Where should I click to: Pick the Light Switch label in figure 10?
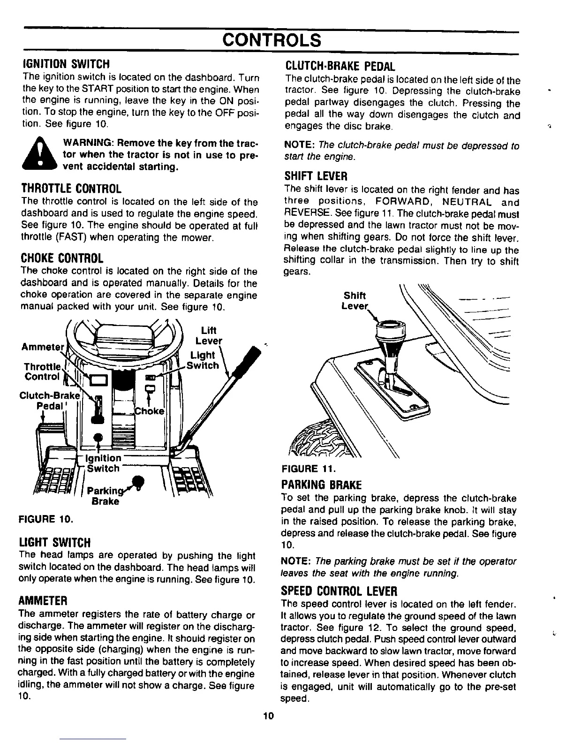pyautogui.click(x=204, y=360)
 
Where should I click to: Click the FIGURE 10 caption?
pyautogui.click(x=45, y=520)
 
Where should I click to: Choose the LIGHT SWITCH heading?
pyautogui.click(x=54, y=543)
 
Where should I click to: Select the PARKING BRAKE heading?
pyautogui.click(x=321, y=484)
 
